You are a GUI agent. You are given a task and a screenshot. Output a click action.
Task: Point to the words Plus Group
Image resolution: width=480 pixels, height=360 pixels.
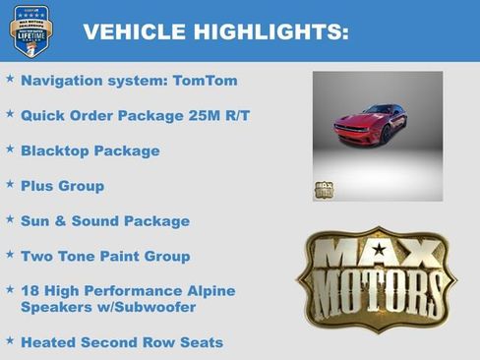(x=62, y=186)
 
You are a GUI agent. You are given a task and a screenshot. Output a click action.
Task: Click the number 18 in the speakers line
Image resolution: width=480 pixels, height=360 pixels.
(x=30, y=291)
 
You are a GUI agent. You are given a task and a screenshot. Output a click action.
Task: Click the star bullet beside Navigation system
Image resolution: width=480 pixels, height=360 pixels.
(x=10, y=78)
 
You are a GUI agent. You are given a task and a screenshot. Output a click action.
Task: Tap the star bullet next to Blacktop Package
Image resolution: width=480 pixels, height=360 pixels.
(x=10, y=149)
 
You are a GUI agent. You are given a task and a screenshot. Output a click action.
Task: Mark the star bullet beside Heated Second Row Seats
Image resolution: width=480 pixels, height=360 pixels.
(x=10, y=339)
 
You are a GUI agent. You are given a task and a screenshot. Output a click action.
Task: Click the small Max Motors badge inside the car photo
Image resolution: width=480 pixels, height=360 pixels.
(x=324, y=190)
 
